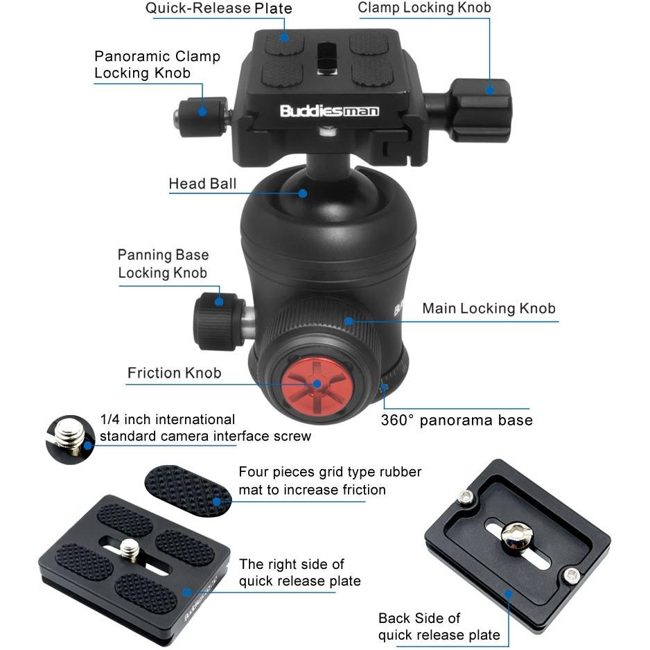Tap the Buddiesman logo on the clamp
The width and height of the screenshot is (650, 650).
pos(330,111)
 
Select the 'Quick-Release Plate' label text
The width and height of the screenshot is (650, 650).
pos(218,8)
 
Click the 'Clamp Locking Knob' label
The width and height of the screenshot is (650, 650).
pos(424,8)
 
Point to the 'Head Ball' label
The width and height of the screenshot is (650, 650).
pos(202,184)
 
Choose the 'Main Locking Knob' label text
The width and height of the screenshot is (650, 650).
pos(489,308)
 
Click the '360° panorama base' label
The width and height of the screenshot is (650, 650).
pos(457,420)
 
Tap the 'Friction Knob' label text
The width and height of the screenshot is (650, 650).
pos(174,373)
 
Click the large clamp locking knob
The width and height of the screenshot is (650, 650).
pos(480,111)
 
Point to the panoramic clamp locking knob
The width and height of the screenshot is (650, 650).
pos(202,117)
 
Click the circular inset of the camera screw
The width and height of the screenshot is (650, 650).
pos(70,439)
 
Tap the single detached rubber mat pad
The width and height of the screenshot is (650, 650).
pos(188,491)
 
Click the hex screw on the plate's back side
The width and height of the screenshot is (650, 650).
pos(515,538)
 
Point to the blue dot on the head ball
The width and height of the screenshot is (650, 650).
pos(303,193)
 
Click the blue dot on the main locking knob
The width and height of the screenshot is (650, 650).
pos(349,322)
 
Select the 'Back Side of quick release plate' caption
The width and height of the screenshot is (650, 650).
pos(439,626)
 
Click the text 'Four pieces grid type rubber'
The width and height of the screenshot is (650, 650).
pos(330,472)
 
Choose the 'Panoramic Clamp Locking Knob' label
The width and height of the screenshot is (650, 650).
pos(157,64)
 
